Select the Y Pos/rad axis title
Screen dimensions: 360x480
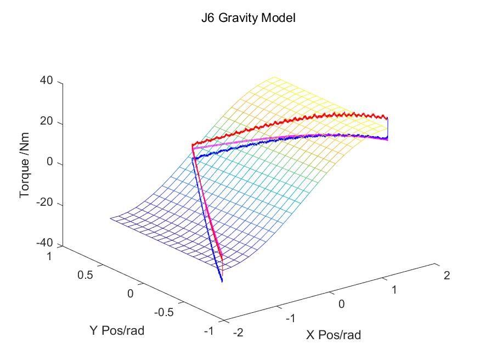(x=117, y=330)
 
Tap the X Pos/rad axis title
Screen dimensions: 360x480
(x=334, y=334)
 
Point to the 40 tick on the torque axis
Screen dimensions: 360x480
(x=46, y=81)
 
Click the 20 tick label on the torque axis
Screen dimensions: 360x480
(x=46, y=122)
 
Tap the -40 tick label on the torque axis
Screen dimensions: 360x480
(x=44, y=245)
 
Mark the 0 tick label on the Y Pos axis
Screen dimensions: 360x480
(x=130, y=293)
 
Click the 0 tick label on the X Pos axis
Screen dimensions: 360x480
(x=341, y=304)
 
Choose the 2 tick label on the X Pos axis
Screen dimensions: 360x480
(x=446, y=275)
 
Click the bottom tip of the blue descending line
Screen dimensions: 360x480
(x=222, y=282)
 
